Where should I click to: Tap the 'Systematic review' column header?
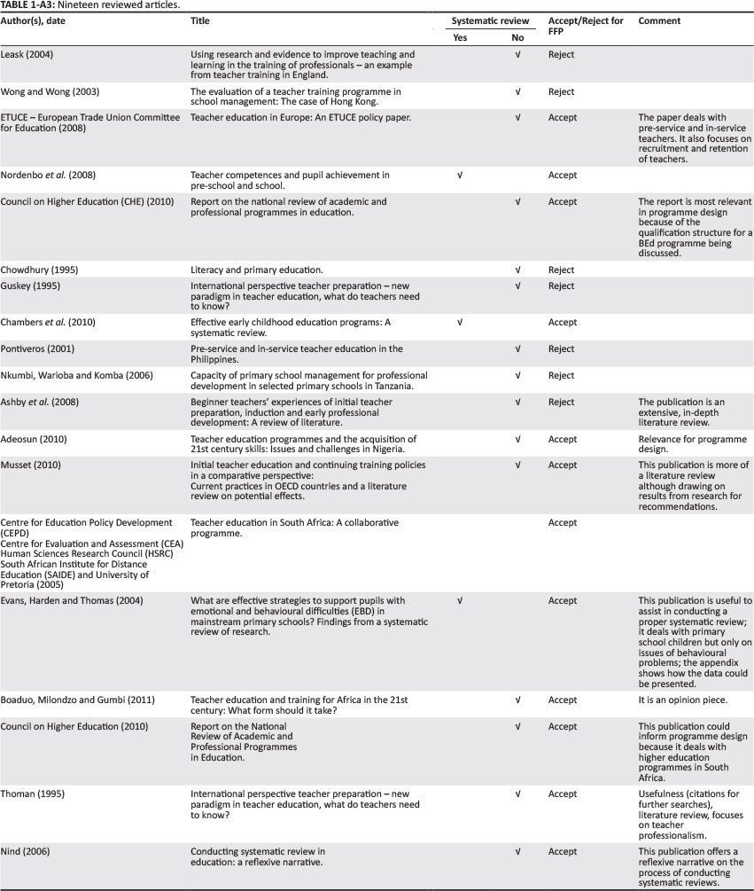(490, 20)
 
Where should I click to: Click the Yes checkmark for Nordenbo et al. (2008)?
(459, 176)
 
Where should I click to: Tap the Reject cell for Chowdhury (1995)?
(561, 268)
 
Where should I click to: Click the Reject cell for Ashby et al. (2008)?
(561, 403)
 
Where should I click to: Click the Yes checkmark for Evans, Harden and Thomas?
(459, 601)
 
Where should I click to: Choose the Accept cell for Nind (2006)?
(562, 852)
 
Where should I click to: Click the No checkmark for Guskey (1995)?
(517, 286)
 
